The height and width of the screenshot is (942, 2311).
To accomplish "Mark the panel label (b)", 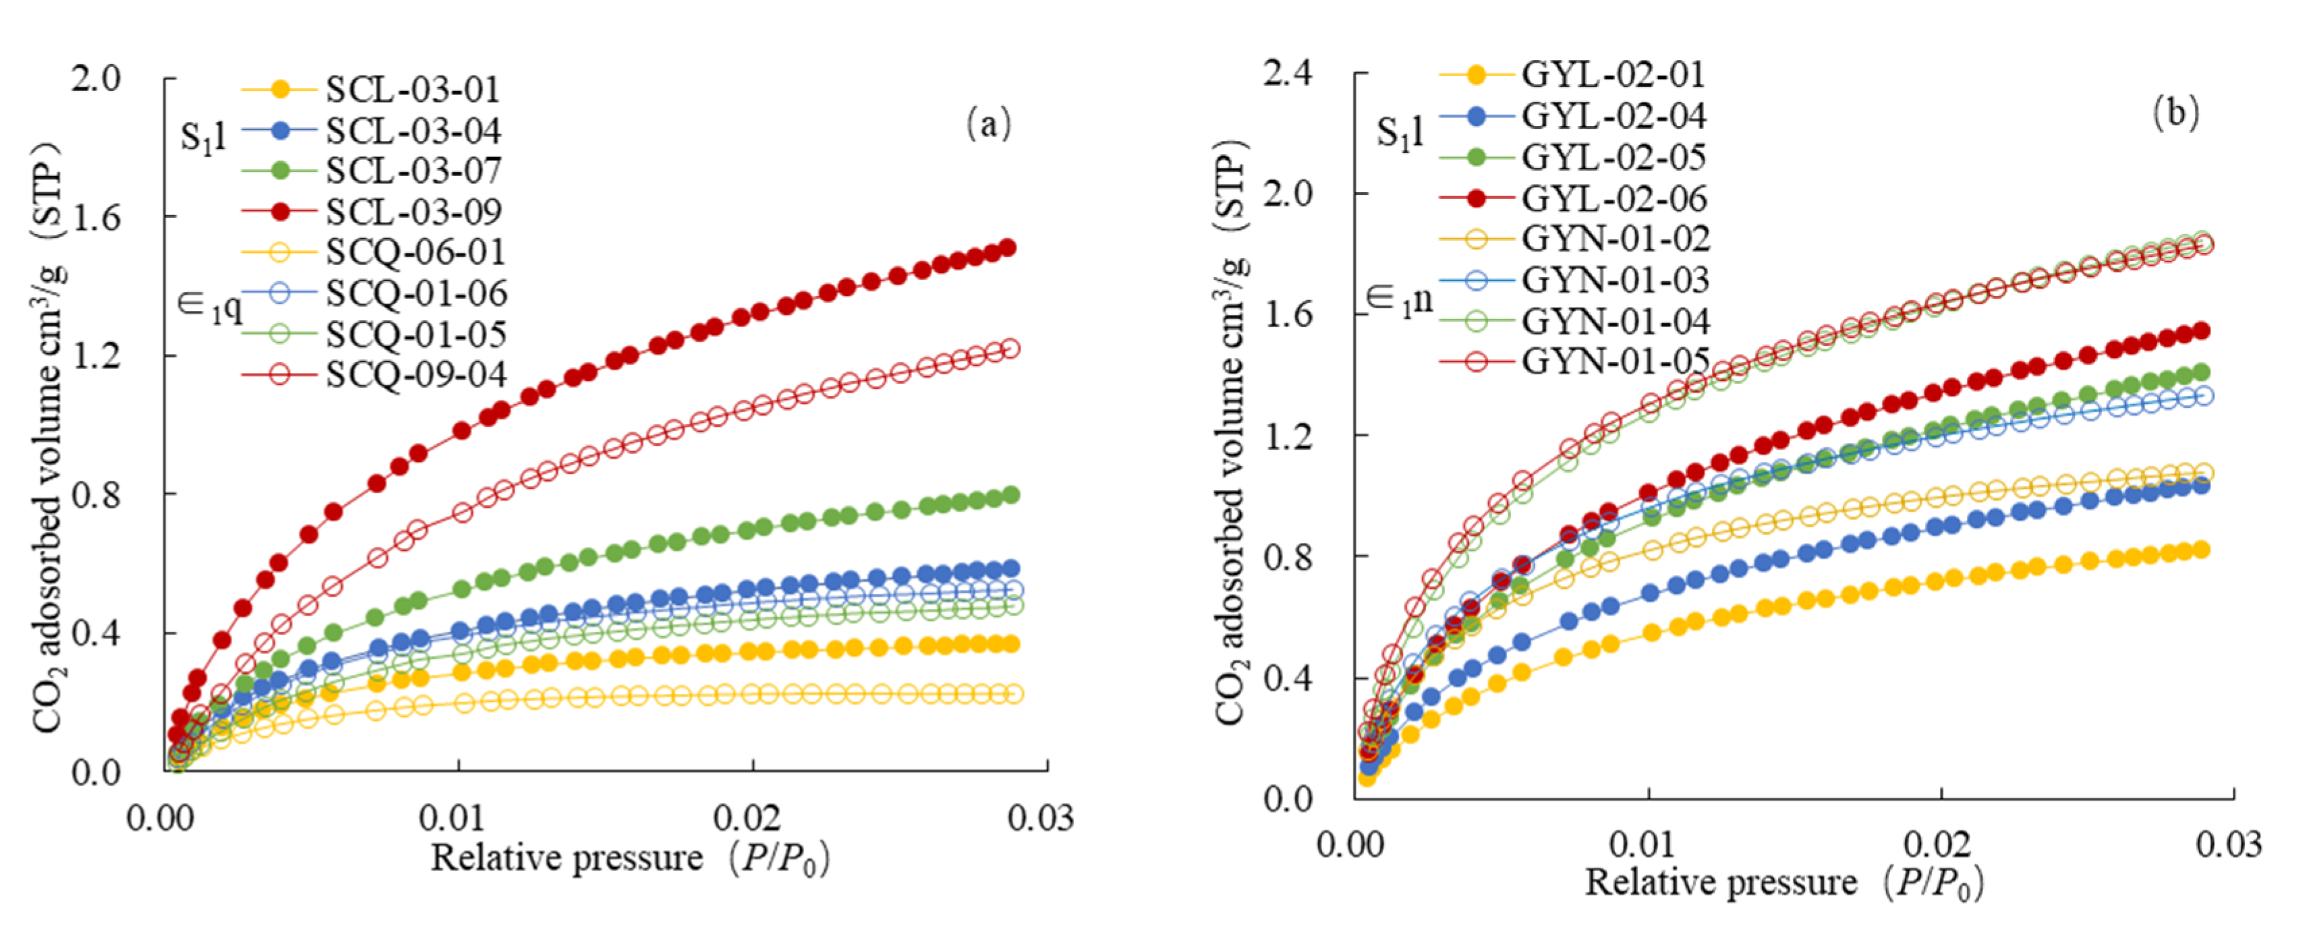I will click(2175, 113).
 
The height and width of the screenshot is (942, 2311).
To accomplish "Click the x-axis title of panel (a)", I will click(630, 858).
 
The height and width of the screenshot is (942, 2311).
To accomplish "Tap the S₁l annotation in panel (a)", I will click(203, 138).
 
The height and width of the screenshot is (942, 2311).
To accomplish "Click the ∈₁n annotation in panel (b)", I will click(1400, 299).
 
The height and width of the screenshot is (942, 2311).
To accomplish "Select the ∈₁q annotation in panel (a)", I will click(210, 307).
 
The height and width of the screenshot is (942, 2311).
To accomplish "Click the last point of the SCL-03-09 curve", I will click(1008, 247).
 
